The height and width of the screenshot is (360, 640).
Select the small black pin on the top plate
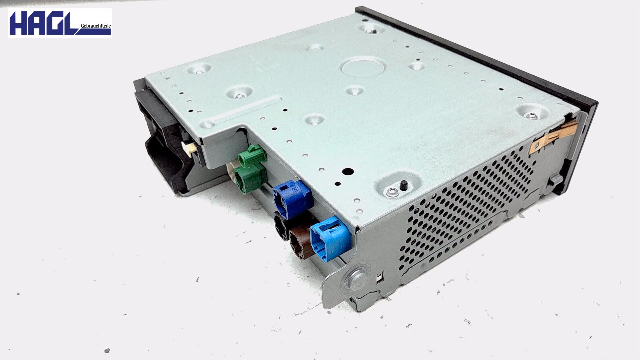tap(404, 185)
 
